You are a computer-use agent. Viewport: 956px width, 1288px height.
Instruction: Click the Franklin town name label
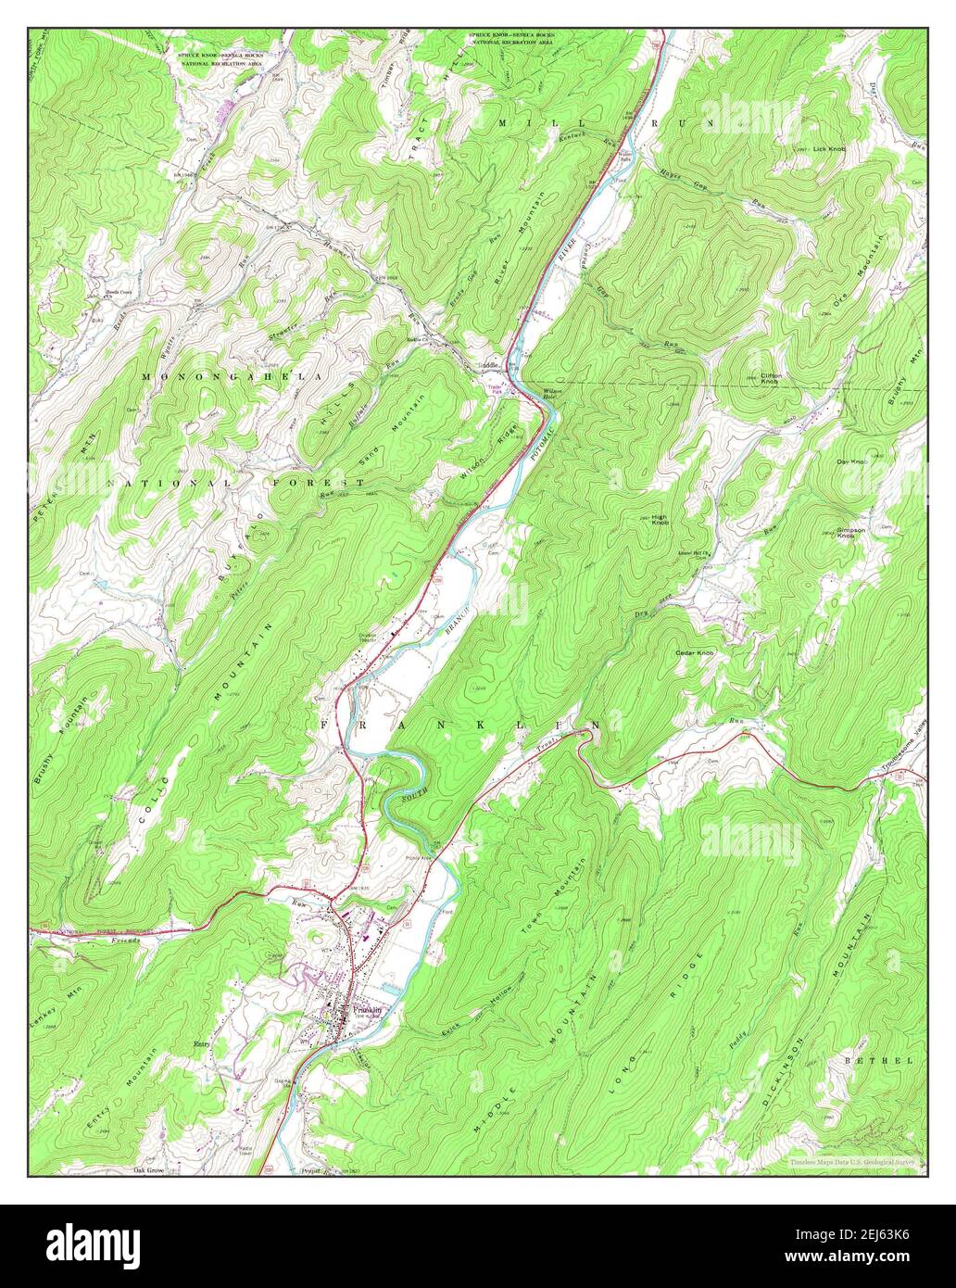[x=367, y=1010]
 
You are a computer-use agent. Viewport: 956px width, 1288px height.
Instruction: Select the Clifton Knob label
[x=771, y=378]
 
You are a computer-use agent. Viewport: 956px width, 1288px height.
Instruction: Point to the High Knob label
[x=660, y=521]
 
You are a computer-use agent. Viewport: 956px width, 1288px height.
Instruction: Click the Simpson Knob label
[x=850, y=533]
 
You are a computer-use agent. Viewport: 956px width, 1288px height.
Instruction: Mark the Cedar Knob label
[x=696, y=653]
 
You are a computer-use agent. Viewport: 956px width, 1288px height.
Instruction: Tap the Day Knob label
[x=850, y=461]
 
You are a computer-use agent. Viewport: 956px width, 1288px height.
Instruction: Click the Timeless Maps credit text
[x=851, y=1161]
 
